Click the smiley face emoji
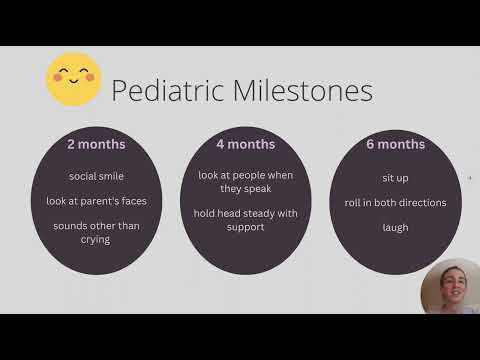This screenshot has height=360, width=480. [75, 79]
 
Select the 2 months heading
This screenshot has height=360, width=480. [96, 144]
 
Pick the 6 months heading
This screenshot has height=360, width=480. [394, 144]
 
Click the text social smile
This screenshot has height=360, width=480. [96, 176]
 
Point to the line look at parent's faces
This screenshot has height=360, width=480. [96, 201]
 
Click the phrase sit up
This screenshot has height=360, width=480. [394, 176]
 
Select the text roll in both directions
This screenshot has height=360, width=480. [394, 202]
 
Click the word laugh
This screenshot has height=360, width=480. [394, 227]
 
